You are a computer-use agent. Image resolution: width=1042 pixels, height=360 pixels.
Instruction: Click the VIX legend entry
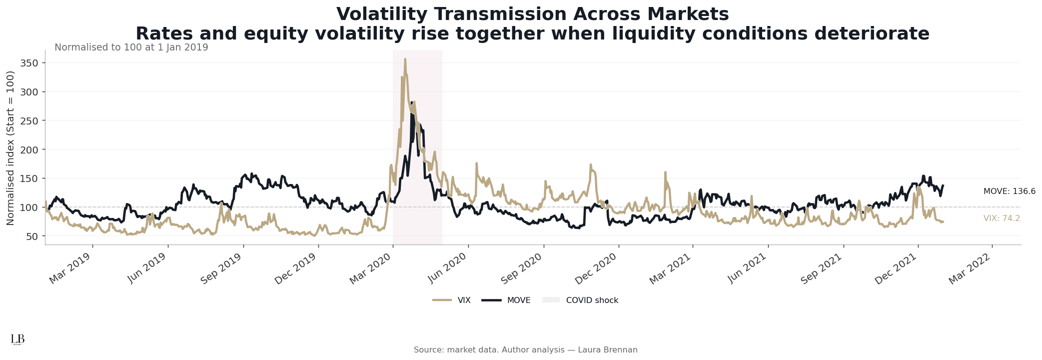click(451, 300)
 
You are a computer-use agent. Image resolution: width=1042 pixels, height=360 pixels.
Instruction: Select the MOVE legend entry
click(506, 300)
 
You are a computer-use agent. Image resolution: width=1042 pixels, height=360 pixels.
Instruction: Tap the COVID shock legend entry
click(580, 300)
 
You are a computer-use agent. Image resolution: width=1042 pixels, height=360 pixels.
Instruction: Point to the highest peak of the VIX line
click(405, 59)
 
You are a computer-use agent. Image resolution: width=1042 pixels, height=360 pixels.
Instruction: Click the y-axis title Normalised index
click(10, 147)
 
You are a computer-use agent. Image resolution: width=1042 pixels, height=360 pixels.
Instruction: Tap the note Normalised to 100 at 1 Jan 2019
click(131, 47)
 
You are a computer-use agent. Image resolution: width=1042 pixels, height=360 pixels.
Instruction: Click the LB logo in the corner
click(17, 339)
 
